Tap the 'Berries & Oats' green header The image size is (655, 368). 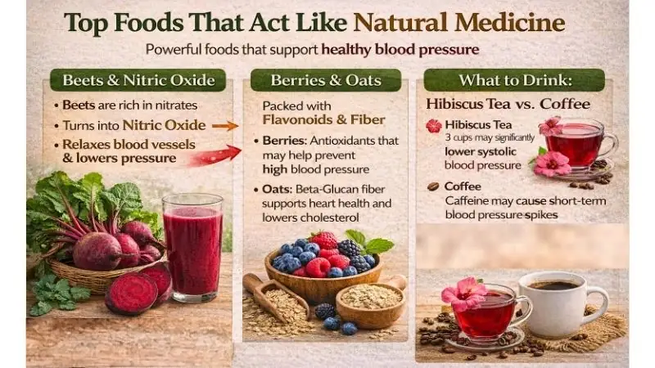tap(325, 80)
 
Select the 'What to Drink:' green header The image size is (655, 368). tap(514, 80)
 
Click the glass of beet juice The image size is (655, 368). tap(192, 245)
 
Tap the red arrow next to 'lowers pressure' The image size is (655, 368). tap(215, 155)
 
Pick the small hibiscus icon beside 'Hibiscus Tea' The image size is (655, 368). tap(433, 126)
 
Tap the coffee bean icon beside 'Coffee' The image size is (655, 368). tap(433, 186)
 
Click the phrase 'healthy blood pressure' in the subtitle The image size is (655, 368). tap(400, 49)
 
